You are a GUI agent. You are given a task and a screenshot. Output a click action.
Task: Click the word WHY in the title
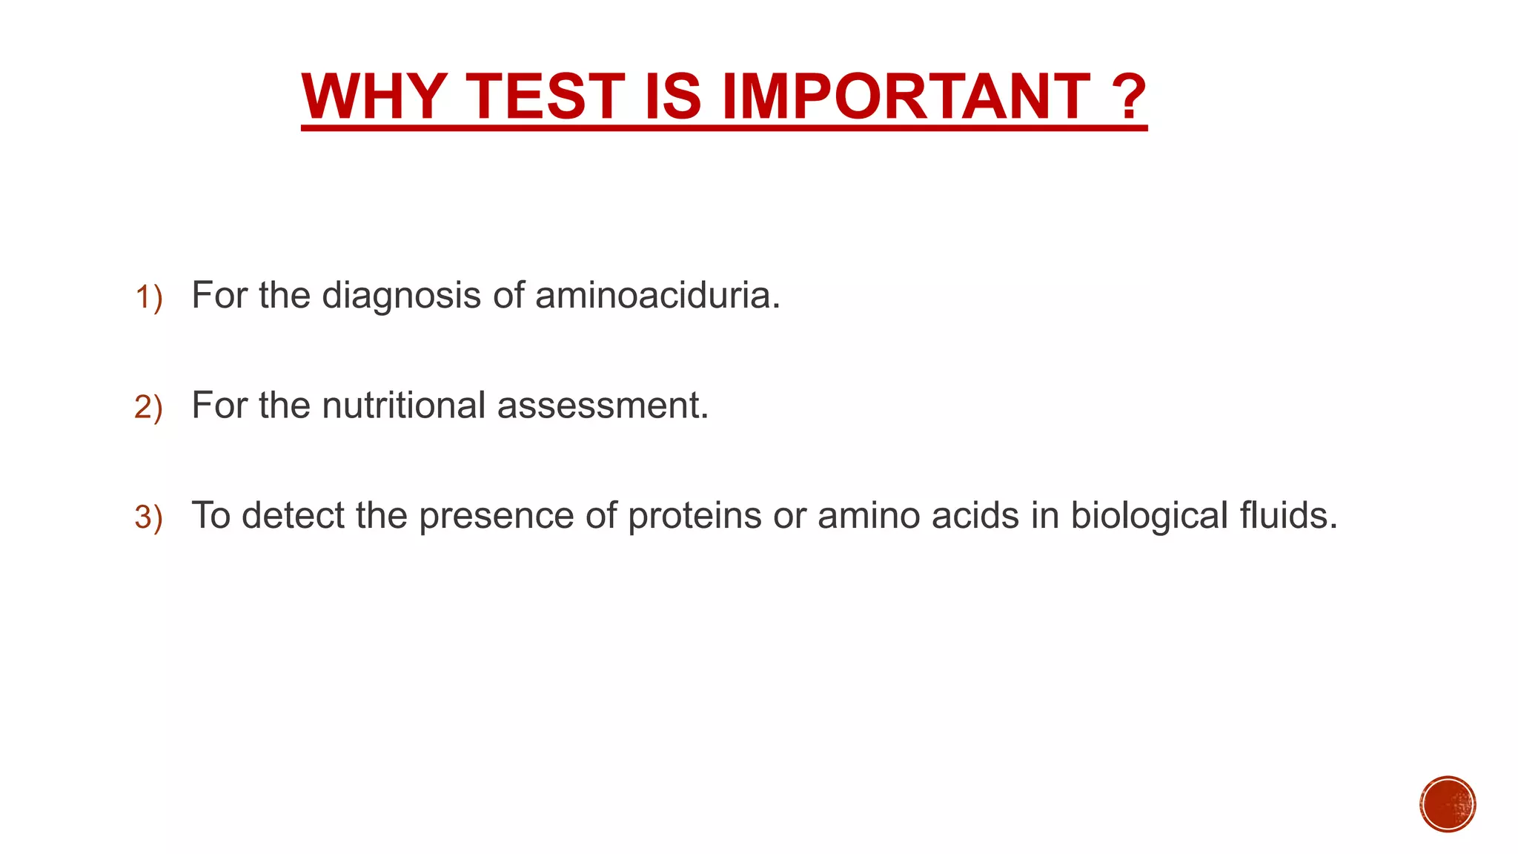(x=374, y=97)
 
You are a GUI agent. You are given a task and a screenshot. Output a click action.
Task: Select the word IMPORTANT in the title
(x=905, y=97)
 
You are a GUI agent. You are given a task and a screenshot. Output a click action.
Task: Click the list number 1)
(x=148, y=298)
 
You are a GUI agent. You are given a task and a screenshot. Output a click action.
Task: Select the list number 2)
(x=148, y=408)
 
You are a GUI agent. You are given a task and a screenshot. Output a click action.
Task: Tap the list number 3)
(x=148, y=517)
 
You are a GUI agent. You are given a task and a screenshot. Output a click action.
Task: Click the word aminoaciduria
(x=657, y=295)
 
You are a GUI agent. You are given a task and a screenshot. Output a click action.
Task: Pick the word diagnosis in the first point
(x=402, y=297)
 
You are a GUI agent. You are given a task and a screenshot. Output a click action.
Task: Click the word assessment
(x=603, y=406)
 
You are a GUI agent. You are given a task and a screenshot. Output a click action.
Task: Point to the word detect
(x=293, y=515)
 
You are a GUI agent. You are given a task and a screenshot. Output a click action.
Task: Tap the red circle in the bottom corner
(x=1448, y=804)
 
